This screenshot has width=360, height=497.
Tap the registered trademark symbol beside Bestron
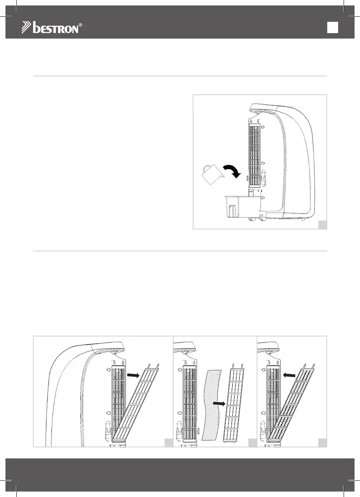coord(80,25)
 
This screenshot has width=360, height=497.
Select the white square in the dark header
coord(332,27)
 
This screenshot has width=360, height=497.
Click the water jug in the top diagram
coord(210,174)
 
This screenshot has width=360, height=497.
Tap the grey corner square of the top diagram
coord(322,225)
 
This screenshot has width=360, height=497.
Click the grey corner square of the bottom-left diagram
coord(168,442)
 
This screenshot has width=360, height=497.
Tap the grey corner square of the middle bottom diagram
coord(252,442)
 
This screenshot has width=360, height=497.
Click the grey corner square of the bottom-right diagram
coord(322,442)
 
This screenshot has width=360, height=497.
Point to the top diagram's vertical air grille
coord(255,156)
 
